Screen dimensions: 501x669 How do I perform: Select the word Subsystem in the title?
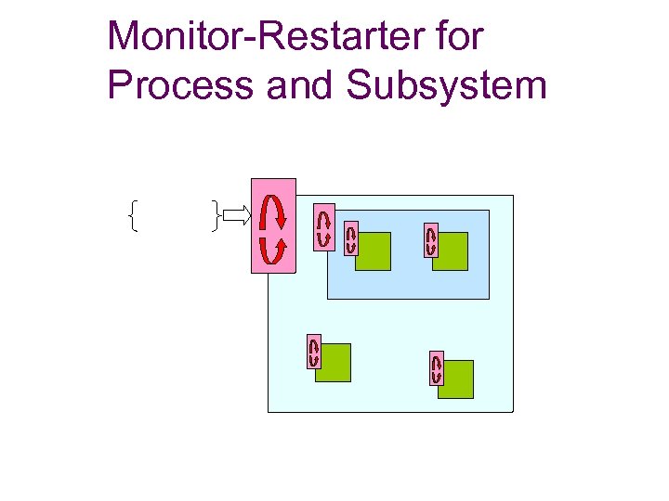pyautogui.click(x=446, y=85)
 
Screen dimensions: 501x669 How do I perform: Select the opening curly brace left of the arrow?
pyautogui.click(x=133, y=217)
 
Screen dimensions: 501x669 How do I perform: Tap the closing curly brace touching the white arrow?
pyautogui.click(x=216, y=217)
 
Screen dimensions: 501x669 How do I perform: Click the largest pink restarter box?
pyautogui.click(x=273, y=225)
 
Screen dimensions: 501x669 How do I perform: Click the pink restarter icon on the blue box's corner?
pyautogui.click(x=323, y=226)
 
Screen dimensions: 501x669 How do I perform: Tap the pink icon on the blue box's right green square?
pyautogui.click(x=431, y=240)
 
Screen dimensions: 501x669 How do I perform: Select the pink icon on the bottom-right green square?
pyautogui.click(x=436, y=368)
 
